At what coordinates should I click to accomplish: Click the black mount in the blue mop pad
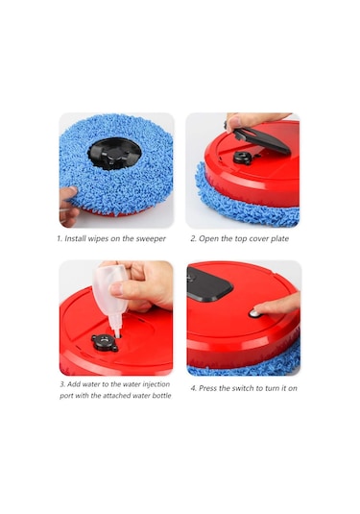[x=114, y=154]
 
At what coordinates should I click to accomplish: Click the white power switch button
[x=254, y=314]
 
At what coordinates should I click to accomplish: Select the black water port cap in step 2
[x=243, y=158]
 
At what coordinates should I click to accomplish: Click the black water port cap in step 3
[x=105, y=343]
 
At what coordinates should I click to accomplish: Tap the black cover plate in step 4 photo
[x=208, y=283]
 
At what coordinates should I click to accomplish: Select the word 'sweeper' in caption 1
[x=151, y=239]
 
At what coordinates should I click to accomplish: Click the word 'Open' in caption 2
[x=208, y=238]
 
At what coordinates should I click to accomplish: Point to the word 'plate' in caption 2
[x=279, y=238]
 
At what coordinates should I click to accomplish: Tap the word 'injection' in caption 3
[x=156, y=384]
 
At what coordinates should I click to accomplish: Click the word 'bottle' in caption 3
[x=161, y=395]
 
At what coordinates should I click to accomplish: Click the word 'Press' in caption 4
[x=208, y=388]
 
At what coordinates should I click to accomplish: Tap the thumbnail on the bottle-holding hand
[x=116, y=289]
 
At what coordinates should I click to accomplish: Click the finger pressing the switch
[x=276, y=305]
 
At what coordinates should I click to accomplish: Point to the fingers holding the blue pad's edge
[x=68, y=206]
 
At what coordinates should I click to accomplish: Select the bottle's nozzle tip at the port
[x=116, y=334]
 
